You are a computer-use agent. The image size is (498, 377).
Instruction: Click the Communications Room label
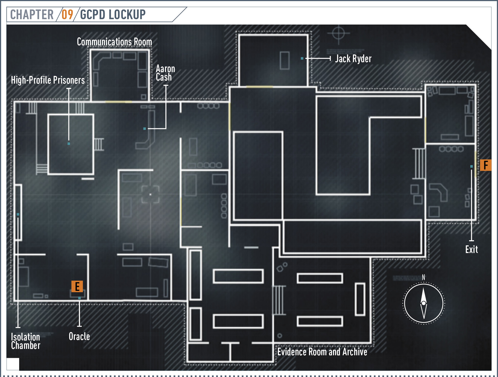[114, 42]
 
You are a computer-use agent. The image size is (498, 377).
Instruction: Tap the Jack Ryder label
[353, 59]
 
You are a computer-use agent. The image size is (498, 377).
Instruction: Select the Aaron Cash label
[165, 73]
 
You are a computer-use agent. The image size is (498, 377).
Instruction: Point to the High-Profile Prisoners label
[48, 80]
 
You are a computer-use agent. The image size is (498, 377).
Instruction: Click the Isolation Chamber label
[26, 341]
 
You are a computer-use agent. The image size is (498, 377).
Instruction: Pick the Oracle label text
[79, 336]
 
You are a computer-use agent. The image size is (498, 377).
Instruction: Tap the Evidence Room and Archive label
[322, 352]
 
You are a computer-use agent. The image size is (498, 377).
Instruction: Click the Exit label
[471, 249]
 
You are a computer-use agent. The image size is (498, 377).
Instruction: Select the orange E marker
[77, 287]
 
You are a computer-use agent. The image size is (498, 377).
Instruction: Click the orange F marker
[486, 165]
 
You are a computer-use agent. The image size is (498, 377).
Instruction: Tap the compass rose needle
[424, 303]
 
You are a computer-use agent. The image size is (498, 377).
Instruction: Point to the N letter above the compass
[423, 277]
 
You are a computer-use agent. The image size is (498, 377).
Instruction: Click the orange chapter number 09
[67, 15]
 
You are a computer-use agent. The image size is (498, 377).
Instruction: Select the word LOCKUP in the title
[127, 15]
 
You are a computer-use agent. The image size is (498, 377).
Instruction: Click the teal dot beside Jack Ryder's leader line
[302, 59]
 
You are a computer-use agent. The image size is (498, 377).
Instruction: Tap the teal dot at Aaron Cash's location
[145, 129]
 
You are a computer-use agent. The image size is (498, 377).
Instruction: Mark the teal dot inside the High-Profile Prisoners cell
[69, 144]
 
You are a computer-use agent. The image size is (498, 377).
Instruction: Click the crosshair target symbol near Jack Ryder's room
[339, 33]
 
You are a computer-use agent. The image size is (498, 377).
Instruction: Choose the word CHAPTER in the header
[32, 15]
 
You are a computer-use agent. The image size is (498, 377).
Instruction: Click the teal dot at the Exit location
[471, 166]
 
